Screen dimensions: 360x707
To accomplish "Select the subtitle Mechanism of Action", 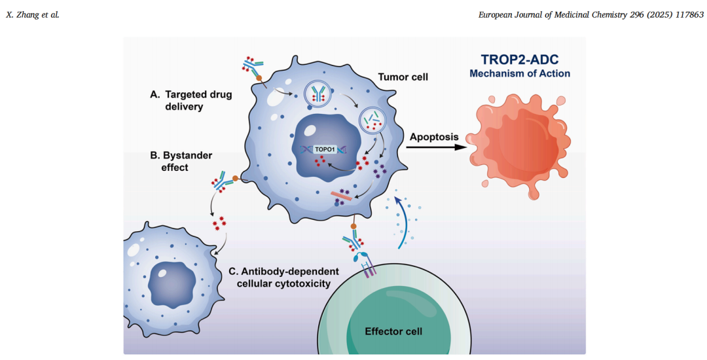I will [519, 73].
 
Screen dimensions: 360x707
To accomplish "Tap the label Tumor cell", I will [403, 77].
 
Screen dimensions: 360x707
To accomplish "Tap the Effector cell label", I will [393, 331].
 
